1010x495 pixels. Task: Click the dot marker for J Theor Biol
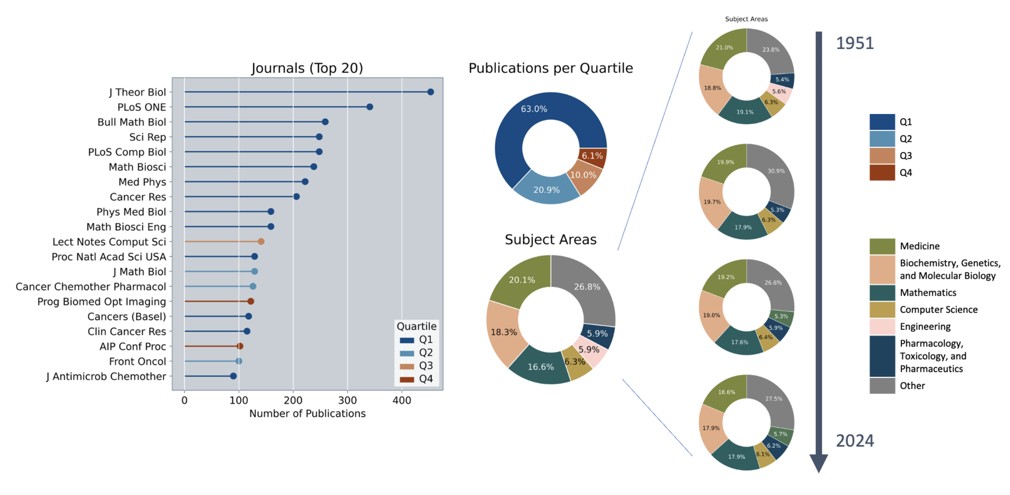point(430,92)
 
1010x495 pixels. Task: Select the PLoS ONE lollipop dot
point(369,106)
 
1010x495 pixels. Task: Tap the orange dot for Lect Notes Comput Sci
point(261,241)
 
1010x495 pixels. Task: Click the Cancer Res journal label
point(138,197)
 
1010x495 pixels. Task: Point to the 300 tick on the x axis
point(347,400)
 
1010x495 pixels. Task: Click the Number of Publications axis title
point(307,414)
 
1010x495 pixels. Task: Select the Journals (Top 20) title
point(307,68)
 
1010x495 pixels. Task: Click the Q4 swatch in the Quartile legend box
point(407,379)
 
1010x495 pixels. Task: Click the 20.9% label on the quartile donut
point(546,190)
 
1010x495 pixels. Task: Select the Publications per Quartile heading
point(550,68)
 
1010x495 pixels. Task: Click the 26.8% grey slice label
point(587,287)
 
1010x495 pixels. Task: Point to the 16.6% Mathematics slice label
point(541,367)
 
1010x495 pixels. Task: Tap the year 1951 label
point(855,43)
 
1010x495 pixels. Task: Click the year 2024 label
point(855,441)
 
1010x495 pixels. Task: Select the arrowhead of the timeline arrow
point(819,462)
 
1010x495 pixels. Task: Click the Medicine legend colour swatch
point(882,246)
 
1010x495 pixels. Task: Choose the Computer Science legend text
point(938,310)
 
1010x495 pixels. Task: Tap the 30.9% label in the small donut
point(776,171)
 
